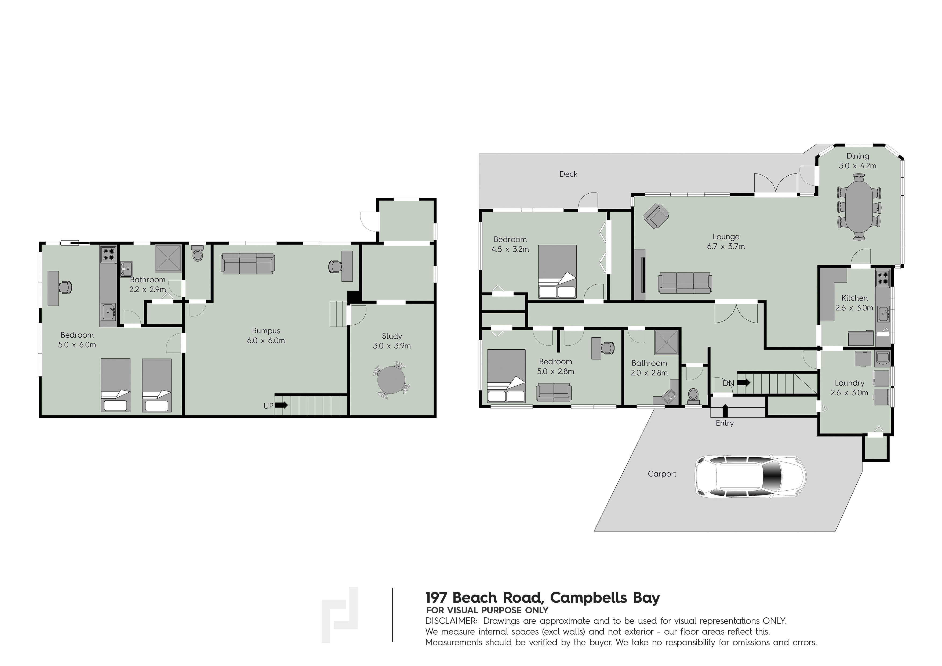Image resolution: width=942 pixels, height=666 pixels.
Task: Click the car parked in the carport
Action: (750, 476)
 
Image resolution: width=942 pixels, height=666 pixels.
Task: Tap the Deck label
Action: (568, 174)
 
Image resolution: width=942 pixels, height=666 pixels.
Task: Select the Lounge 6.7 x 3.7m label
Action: (726, 242)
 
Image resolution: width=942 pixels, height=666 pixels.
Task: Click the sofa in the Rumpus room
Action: (248, 263)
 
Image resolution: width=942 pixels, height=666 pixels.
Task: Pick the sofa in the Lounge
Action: (685, 283)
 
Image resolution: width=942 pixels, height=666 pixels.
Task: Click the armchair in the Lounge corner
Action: (656, 216)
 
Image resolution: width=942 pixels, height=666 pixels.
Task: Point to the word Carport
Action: (662, 474)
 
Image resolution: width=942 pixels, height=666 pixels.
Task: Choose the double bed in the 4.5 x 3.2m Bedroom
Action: (557, 272)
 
